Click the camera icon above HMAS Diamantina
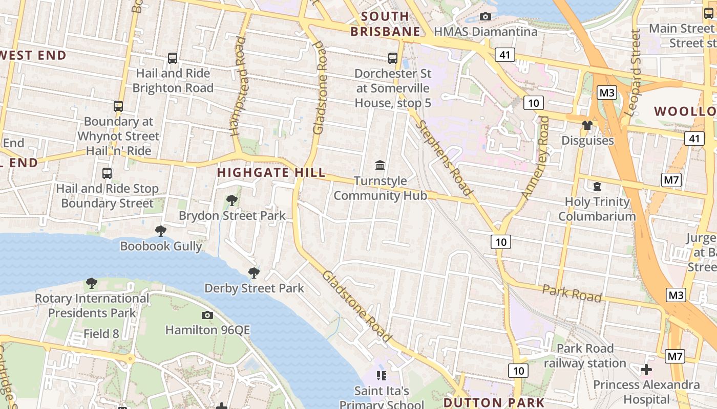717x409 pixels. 486,17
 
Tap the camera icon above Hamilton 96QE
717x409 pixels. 207,315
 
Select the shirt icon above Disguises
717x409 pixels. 587,125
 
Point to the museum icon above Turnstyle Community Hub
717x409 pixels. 380,165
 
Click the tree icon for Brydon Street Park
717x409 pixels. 232,200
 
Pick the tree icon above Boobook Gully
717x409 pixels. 161,231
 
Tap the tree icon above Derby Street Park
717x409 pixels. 254,272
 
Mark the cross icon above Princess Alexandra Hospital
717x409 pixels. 646,369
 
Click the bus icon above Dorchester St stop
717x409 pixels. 393,58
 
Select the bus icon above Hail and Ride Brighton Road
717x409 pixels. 173,58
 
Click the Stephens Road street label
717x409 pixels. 444,158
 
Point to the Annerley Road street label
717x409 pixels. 535,158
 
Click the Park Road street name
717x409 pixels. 572,293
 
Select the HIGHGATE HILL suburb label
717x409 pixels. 271,172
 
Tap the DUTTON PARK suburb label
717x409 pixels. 494,402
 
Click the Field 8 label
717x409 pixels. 101,334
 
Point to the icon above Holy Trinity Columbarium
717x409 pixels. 597,187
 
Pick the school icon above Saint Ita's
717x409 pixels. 381,376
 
